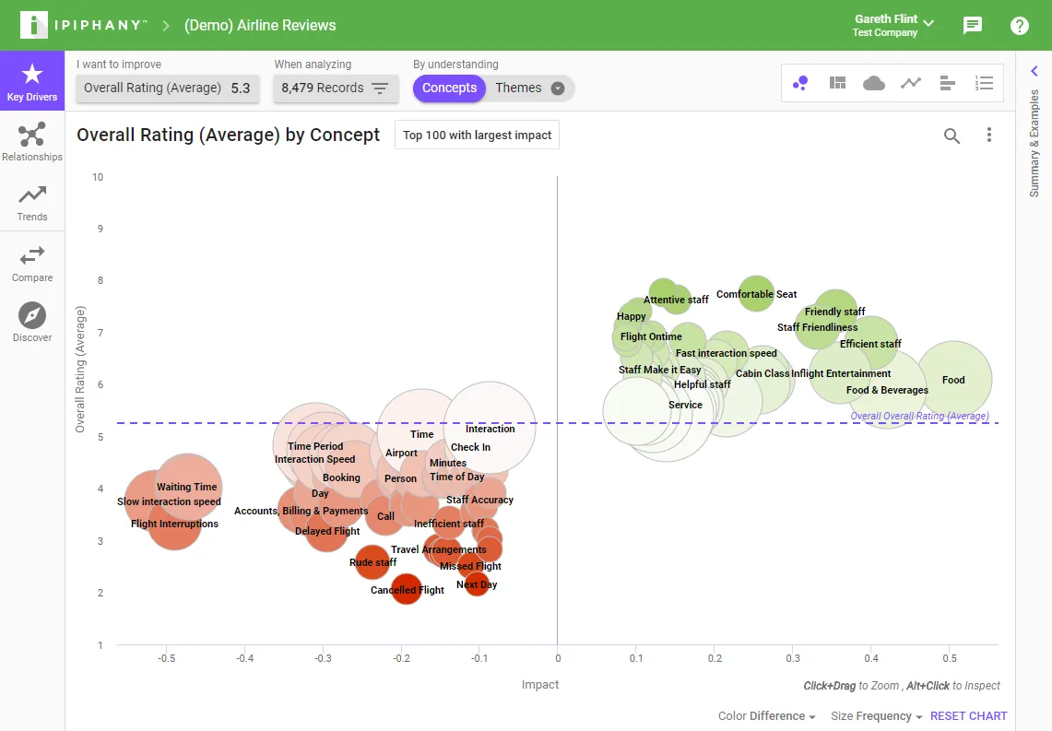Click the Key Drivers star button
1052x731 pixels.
coord(32,80)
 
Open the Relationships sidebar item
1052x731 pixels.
coord(32,142)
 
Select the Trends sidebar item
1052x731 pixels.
coord(32,203)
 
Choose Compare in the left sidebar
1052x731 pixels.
coord(32,264)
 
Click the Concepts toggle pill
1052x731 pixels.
coord(449,88)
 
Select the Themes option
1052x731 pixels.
coord(529,88)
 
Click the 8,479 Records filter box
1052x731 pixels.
coord(336,88)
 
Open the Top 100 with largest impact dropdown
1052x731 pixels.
coord(477,135)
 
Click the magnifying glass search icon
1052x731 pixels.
coord(952,136)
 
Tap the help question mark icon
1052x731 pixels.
coord(1019,26)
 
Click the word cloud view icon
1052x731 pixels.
coord(873,83)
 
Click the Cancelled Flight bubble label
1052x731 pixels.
coord(408,590)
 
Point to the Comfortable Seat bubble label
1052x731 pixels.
coord(756,294)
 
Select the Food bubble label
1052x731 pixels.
coord(953,380)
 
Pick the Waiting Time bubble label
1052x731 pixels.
coord(186,487)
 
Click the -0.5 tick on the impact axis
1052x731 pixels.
coord(166,658)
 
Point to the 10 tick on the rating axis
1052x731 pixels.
coord(98,177)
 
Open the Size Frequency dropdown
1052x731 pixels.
coord(876,716)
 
